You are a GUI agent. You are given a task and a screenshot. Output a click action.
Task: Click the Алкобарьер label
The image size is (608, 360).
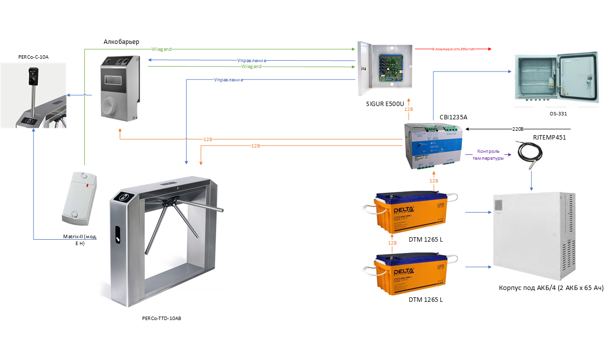point(121,42)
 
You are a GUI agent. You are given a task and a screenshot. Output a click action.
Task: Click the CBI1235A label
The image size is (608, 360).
point(453,117)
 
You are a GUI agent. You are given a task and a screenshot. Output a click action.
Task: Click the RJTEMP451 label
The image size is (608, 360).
point(549,138)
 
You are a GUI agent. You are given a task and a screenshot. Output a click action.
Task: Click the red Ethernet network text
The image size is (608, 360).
point(452,49)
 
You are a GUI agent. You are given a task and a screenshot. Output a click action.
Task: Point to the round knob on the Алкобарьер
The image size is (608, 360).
point(114,104)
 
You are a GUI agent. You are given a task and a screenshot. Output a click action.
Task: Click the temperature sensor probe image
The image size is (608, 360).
point(527,154)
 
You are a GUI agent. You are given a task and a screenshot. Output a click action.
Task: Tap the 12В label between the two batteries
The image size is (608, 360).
point(392,243)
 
